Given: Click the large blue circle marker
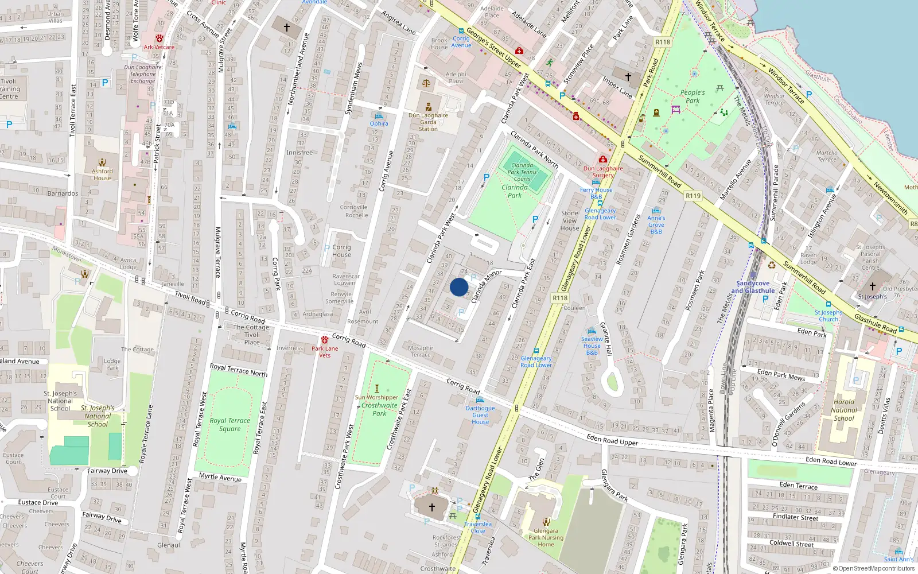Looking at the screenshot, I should point(459,287).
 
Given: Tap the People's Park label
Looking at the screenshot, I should point(693,96).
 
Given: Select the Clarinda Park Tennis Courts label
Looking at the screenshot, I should point(522,172).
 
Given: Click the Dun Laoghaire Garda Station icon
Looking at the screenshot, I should point(429,107).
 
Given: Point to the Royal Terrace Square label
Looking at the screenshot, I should point(229,424).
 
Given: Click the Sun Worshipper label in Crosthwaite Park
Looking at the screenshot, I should point(376,397).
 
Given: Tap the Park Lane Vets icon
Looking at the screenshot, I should point(325,340).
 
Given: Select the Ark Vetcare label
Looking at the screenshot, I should point(159,47).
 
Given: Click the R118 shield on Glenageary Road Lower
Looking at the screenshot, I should point(560,297).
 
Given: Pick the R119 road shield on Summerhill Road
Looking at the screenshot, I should point(693,196).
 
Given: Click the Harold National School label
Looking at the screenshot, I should point(844,410).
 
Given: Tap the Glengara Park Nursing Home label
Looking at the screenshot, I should point(546,538).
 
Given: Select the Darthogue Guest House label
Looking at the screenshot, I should point(480,415).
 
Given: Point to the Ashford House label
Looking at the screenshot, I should point(102,174).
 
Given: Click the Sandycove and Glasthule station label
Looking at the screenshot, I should point(753,287).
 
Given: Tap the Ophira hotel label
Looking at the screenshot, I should point(379,123).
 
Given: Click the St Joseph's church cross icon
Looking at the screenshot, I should point(873,286).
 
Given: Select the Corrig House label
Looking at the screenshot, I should point(341,251).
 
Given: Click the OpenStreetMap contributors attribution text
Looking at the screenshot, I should point(876,569).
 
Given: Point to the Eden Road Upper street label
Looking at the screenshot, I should point(612,440).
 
